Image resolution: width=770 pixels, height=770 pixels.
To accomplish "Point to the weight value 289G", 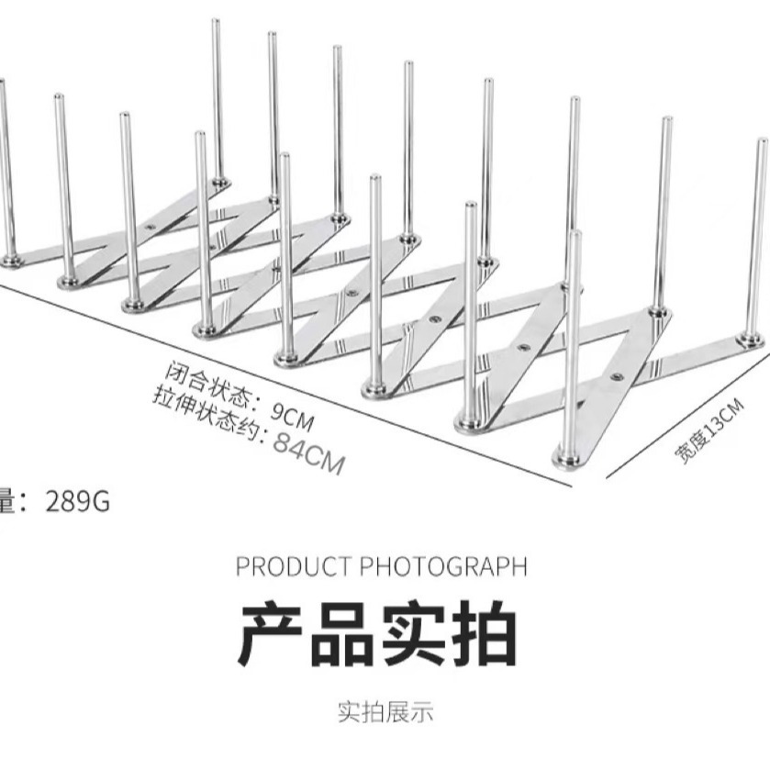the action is click(x=78, y=502).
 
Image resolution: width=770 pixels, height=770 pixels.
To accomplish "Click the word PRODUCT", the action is click(x=293, y=565).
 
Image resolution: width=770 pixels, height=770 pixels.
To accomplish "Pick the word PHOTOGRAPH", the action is click(x=442, y=565).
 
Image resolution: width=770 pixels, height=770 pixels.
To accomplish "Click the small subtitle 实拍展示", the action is click(x=385, y=711).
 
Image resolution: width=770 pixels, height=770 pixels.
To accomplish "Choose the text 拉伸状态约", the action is click(x=203, y=414).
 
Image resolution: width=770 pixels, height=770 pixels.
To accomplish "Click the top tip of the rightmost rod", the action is click(x=762, y=141).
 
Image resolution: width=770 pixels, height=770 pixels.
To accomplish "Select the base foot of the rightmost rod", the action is click(x=752, y=340).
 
